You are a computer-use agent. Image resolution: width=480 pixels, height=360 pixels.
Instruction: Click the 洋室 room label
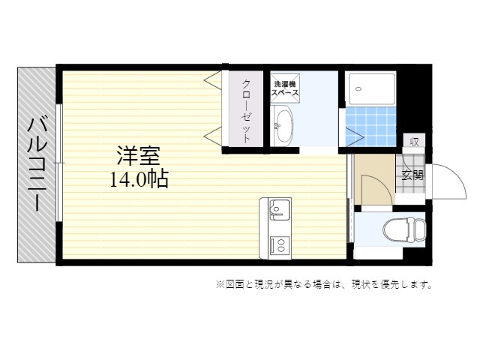pos(139,156)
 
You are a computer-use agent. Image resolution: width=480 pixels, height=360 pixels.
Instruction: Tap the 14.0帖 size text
pos(139,179)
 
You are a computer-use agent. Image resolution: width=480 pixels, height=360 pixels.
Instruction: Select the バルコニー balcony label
pos(37,165)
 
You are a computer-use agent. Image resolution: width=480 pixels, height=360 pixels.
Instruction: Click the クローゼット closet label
pos(247,111)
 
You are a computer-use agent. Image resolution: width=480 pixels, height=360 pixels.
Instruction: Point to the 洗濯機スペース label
pos(285,88)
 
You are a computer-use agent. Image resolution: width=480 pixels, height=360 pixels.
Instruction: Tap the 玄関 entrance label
pos(412,175)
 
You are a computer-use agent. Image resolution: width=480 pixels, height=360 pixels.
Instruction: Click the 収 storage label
pos(414,142)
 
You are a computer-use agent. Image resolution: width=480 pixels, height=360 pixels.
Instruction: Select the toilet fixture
pos(404,230)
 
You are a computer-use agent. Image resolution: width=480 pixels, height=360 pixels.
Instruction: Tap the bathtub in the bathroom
pos(370,88)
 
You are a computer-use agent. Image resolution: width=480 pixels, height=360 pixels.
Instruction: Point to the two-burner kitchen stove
pos(280,244)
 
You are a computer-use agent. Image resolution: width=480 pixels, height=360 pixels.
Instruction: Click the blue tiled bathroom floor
pos(370,127)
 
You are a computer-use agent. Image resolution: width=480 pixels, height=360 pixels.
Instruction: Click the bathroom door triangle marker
pos(355,136)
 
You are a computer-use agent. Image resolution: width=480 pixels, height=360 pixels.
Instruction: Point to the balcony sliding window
pos(60,163)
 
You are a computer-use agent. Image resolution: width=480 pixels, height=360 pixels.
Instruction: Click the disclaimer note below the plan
pos(324,285)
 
